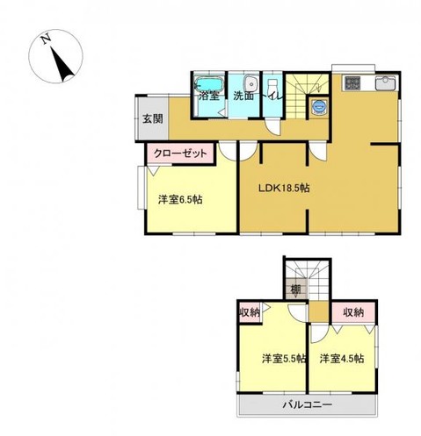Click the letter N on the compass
click(46, 39)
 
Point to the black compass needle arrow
click(62, 64)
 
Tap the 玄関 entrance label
click(153, 119)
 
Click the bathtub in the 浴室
click(209, 84)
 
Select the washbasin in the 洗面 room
click(251, 83)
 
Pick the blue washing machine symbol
click(319, 106)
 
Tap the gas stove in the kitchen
click(352, 83)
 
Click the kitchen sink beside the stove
click(385, 82)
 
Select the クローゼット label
click(180, 154)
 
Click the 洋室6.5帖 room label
click(180, 200)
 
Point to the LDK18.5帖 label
click(284, 188)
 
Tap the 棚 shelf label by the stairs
click(295, 289)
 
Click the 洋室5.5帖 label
click(284, 359)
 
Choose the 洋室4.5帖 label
click(342, 359)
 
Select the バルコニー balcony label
click(308, 405)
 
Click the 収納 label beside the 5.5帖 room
click(250, 313)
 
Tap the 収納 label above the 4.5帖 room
click(353, 312)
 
